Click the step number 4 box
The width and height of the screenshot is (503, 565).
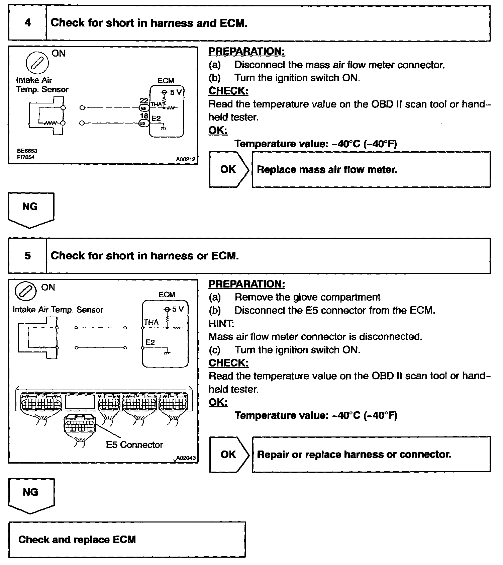coord(27,23)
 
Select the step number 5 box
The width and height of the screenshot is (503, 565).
coord(27,256)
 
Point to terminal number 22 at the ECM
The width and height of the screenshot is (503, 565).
coord(144,101)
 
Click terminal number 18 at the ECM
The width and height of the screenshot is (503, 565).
coord(144,116)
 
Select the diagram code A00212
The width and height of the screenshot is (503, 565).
coord(186,159)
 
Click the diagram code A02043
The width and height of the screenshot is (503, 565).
coord(186,458)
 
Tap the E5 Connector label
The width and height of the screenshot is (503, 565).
coord(134,445)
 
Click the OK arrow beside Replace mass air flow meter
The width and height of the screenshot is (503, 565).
coord(229,170)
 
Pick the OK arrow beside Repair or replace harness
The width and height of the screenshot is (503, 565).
coord(229,455)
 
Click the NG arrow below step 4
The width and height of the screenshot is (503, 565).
coord(30,209)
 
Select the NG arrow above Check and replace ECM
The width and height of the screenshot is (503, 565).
coord(31,495)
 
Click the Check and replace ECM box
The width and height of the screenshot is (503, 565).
coord(127,540)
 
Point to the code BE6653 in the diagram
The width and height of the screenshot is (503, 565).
coord(27,151)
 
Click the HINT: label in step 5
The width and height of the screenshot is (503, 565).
coord(221,323)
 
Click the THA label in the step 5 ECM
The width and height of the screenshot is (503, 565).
coord(151,322)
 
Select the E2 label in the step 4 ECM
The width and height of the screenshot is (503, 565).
coord(156,119)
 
